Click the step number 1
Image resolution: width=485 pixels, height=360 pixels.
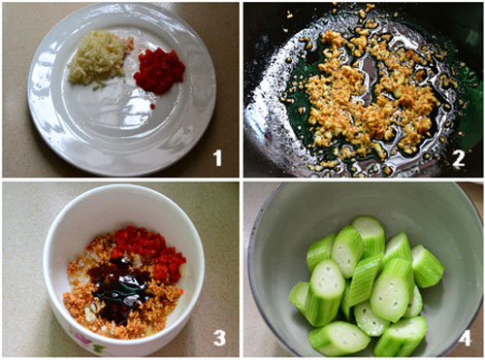click(218, 158)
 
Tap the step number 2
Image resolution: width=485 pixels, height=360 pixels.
click(459, 158)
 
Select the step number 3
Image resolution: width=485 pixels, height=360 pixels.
click(219, 338)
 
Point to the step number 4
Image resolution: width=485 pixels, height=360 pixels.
click(464, 338)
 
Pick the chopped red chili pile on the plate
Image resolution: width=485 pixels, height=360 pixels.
click(159, 71)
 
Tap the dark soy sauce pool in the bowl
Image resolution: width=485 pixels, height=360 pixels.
click(118, 288)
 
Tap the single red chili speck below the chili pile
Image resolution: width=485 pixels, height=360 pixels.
click(152, 106)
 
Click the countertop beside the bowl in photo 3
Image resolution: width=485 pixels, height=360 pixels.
click(22, 259)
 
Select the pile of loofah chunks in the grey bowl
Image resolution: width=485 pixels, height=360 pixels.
click(366, 284)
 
